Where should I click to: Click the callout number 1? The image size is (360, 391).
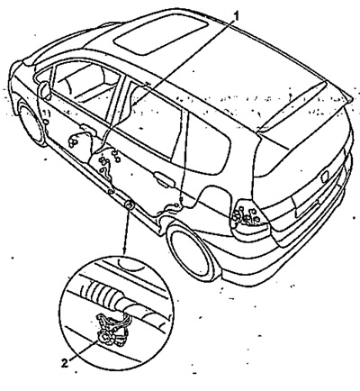(237, 16)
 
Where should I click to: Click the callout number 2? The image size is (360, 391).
(64, 364)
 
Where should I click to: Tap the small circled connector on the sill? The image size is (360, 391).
(129, 205)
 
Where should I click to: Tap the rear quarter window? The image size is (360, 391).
(209, 144)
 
